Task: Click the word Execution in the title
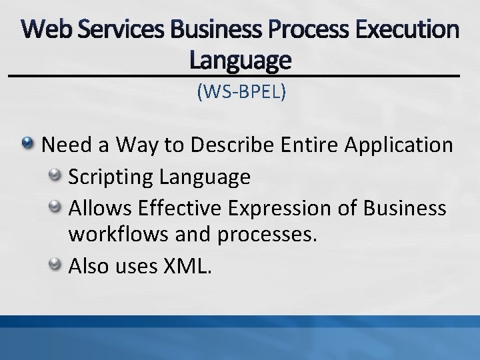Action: [x=413, y=29]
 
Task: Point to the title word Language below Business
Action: [x=240, y=61]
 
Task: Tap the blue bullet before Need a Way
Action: [x=29, y=143]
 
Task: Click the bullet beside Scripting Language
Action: [x=56, y=175]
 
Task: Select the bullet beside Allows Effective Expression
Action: [x=56, y=207]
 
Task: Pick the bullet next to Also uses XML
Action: [x=56, y=265]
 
